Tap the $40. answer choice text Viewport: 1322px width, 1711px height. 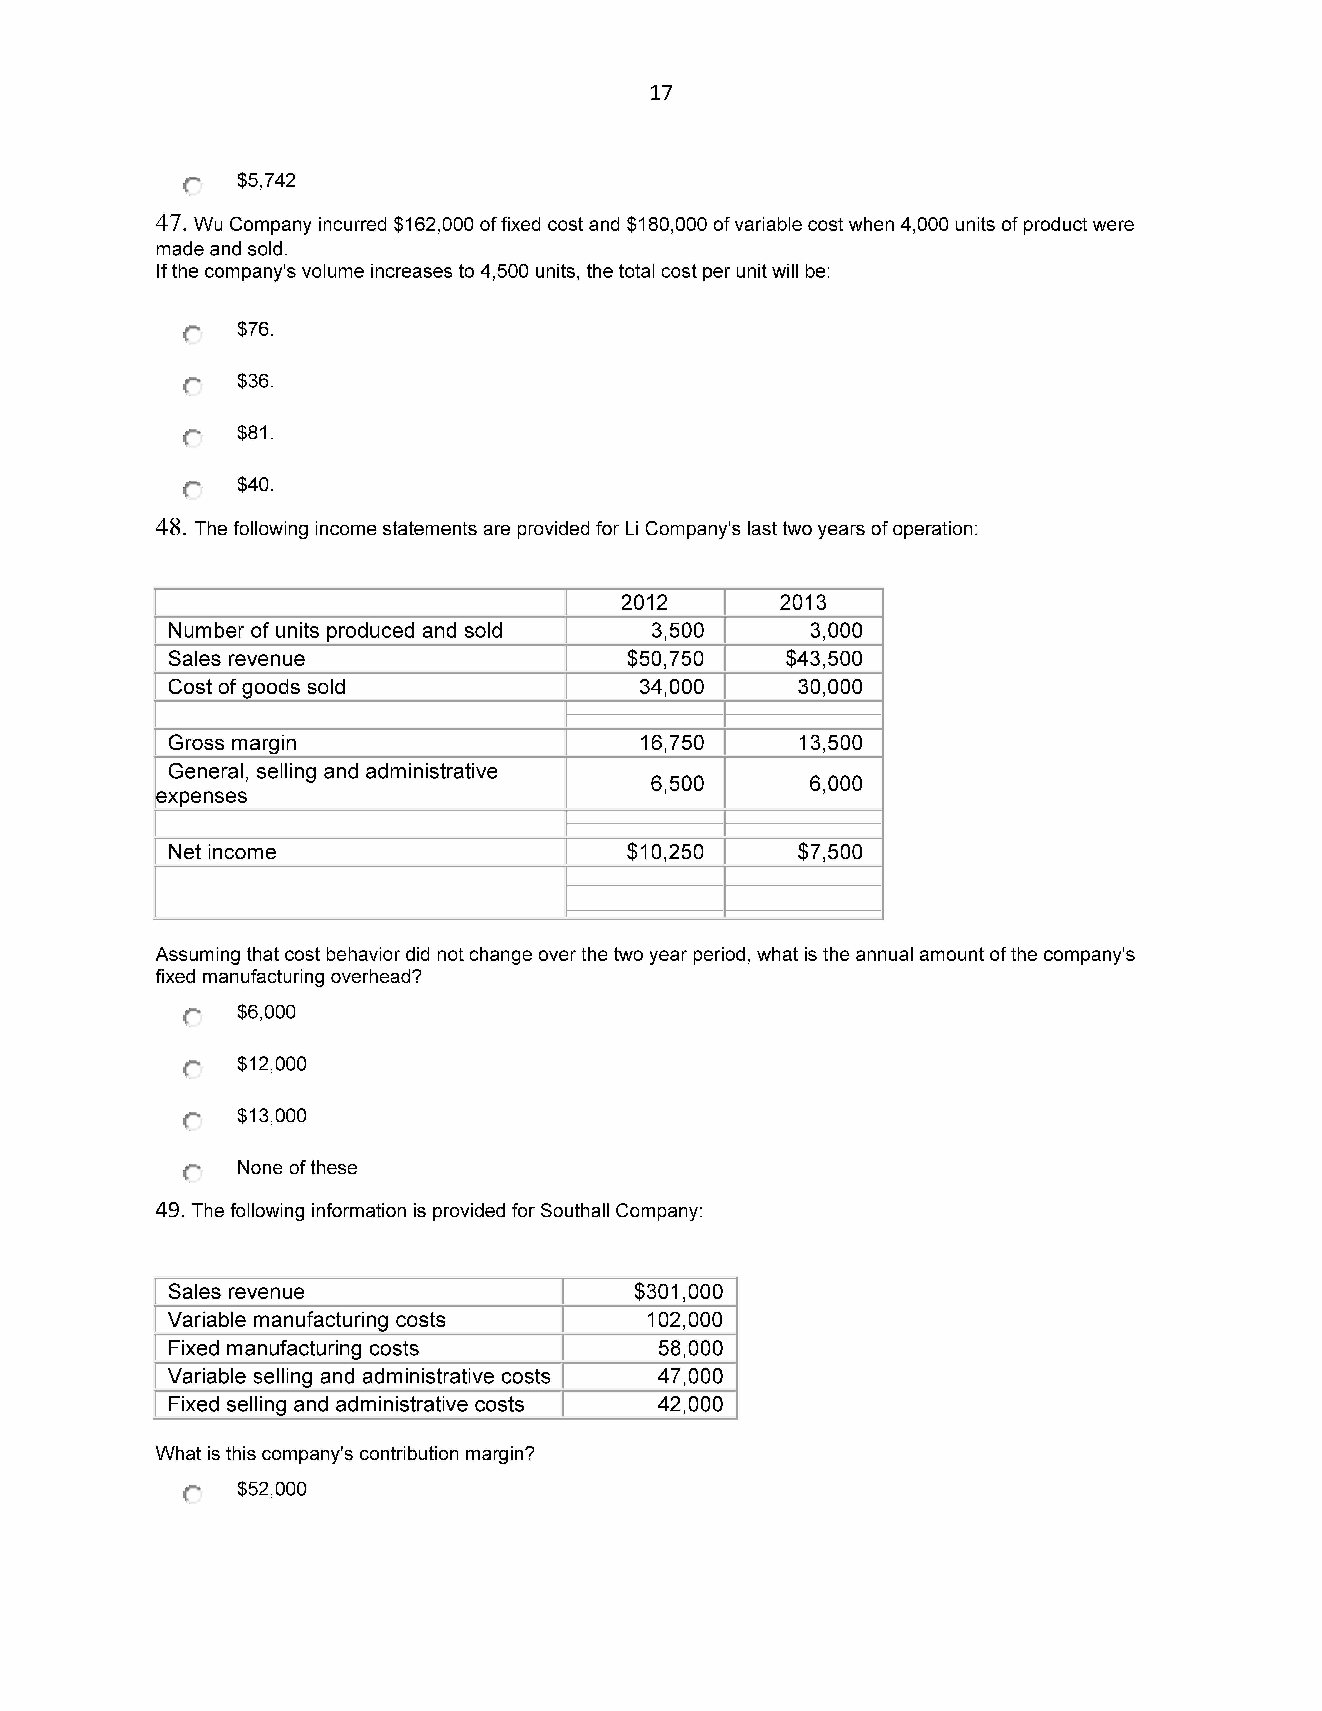pyautogui.click(x=255, y=485)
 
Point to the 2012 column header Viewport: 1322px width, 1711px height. pyautogui.click(x=644, y=602)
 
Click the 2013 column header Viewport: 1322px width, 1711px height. pyautogui.click(x=803, y=602)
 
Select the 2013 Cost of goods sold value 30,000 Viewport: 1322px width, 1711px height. pyautogui.click(x=829, y=687)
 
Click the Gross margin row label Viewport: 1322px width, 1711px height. pyautogui.click(x=232, y=743)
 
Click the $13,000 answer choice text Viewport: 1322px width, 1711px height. pyautogui.click(x=272, y=1116)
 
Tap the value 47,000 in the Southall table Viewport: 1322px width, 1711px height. pyautogui.click(x=690, y=1376)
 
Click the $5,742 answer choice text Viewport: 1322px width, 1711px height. pyautogui.click(x=266, y=181)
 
